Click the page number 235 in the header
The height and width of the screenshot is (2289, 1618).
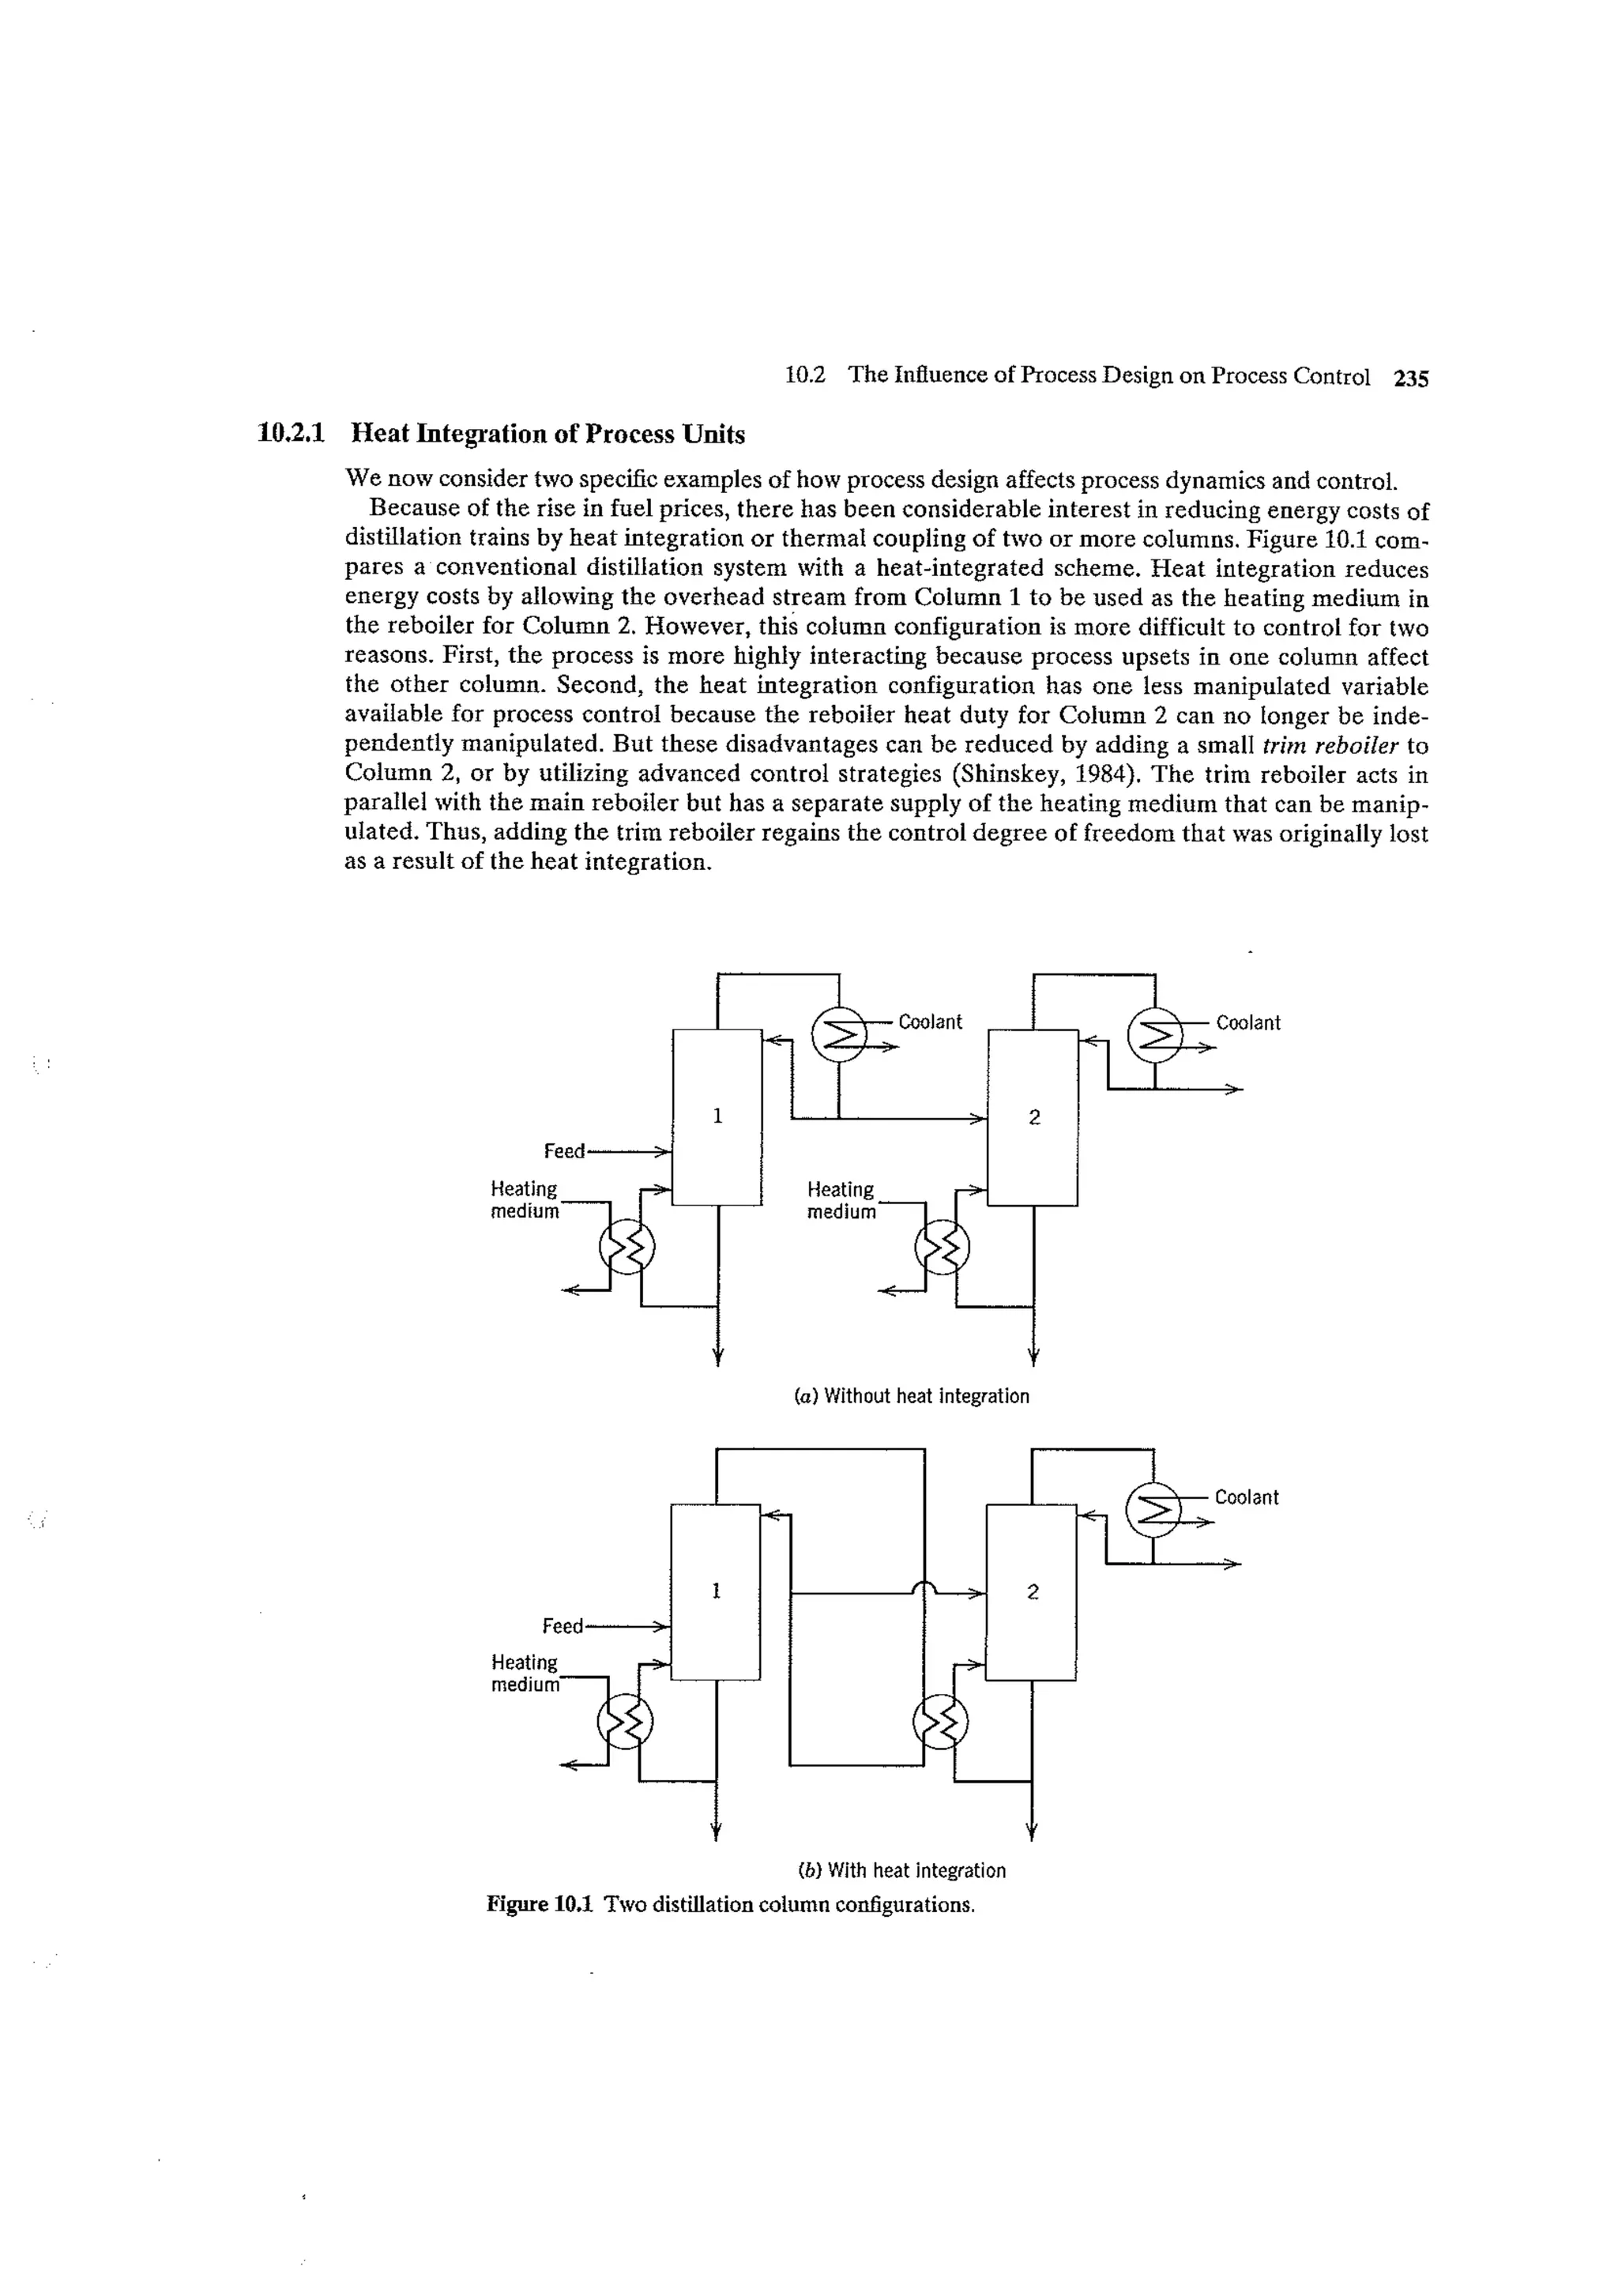click(x=1412, y=378)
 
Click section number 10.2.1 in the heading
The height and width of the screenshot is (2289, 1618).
click(x=292, y=435)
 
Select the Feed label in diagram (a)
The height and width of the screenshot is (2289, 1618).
click(x=564, y=1151)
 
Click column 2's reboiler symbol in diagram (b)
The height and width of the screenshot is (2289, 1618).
click(x=940, y=1722)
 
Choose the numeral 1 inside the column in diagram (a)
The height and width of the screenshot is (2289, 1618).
click(x=717, y=1116)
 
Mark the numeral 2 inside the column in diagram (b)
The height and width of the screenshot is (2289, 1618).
click(x=1032, y=1592)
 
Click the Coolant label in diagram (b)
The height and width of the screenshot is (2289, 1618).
click(x=1246, y=1497)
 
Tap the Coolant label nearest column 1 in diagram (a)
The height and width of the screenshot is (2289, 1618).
click(x=930, y=1022)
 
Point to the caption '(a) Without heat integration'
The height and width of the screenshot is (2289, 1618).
click(x=911, y=1395)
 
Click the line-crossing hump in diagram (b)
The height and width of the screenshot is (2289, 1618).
click(x=924, y=1588)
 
